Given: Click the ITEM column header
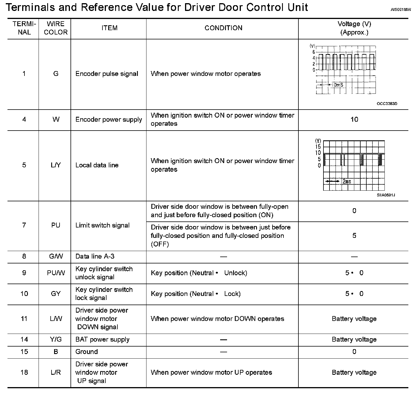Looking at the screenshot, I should [109, 28].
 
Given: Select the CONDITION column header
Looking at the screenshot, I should [223, 28].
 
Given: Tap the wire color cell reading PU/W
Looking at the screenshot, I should [56, 273].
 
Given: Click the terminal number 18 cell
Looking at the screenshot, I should [24, 372].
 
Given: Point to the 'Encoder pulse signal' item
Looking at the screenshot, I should [107, 74].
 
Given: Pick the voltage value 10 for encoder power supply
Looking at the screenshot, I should [354, 119].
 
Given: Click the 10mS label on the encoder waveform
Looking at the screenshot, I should [337, 85].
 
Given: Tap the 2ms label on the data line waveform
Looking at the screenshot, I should [347, 181].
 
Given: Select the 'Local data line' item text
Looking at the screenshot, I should [97, 165].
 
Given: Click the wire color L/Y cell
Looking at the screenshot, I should [56, 165].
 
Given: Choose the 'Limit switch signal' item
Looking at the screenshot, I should [102, 225].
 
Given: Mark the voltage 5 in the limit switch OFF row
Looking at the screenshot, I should [354, 236].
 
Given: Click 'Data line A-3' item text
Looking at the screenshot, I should [95, 256].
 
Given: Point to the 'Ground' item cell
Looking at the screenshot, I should [87, 352].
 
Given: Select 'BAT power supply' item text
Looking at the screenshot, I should [102, 339].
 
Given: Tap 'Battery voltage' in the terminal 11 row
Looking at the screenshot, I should [354, 319].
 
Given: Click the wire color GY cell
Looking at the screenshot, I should [56, 294].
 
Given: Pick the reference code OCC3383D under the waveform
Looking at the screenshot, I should [387, 104].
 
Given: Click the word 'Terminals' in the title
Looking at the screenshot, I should [30, 7].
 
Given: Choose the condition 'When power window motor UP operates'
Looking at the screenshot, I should [211, 372].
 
